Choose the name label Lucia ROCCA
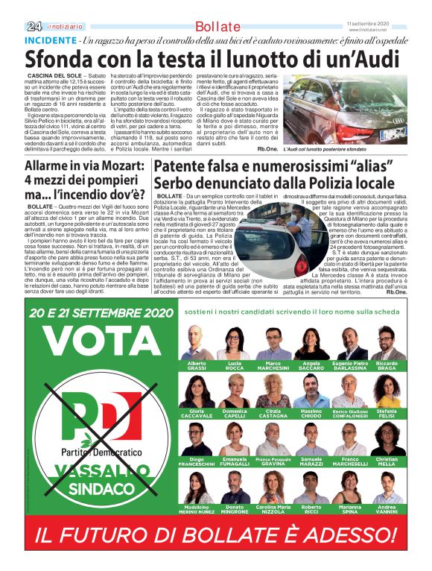pyautogui.click(x=235, y=365)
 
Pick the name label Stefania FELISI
pyautogui.click(x=387, y=413)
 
